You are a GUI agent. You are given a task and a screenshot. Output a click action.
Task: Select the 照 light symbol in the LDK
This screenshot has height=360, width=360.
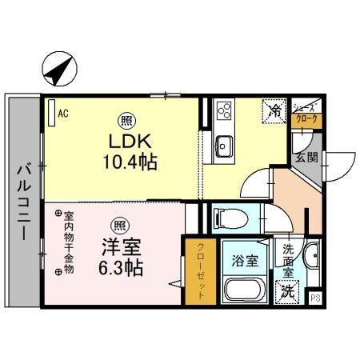click(126, 122)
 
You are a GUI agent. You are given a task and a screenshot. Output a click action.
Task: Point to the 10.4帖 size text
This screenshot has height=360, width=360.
click(129, 162)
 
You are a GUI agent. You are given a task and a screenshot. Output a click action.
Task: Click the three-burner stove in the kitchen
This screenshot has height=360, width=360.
click(222, 110)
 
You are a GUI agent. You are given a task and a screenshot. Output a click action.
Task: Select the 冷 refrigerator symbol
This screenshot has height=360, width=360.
click(274, 110)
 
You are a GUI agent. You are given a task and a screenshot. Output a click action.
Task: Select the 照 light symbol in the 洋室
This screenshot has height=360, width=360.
click(118, 224)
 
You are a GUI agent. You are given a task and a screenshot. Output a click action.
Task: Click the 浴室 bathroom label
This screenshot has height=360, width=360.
click(245, 261)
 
